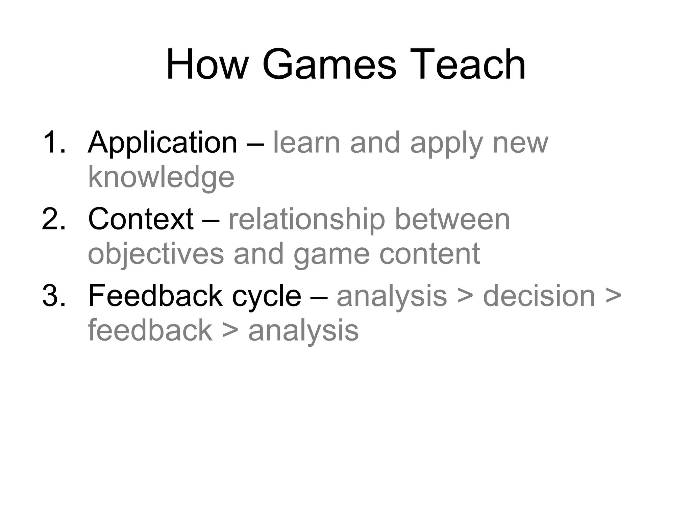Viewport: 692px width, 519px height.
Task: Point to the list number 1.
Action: click(x=53, y=143)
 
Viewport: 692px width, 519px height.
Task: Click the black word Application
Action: click(x=163, y=143)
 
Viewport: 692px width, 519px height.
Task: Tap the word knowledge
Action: click(x=161, y=177)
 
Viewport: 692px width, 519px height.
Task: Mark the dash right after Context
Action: click(x=211, y=220)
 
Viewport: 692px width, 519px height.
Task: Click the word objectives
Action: click(x=156, y=254)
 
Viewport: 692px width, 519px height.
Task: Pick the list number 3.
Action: click(x=53, y=296)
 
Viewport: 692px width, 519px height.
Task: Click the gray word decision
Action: click(x=539, y=296)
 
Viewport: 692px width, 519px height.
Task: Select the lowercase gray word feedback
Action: click(x=150, y=330)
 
